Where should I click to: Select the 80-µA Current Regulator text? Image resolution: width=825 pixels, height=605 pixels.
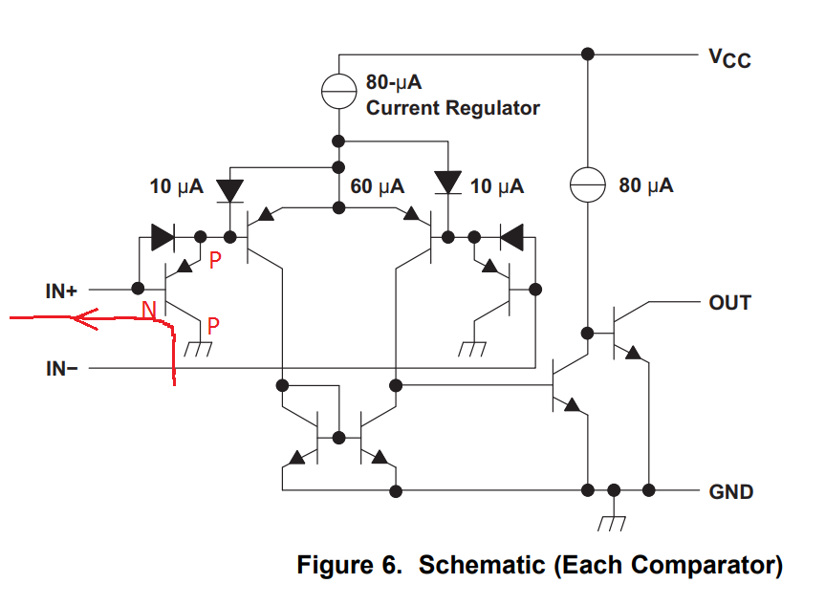tap(452, 96)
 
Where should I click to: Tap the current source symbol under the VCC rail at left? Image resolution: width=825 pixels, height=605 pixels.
tap(337, 92)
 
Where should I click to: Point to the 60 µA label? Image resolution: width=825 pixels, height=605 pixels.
tap(377, 186)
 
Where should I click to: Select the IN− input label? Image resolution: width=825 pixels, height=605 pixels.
tap(61, 367)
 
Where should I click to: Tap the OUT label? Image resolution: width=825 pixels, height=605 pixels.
tap(729, 303)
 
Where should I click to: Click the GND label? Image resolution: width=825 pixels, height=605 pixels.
tap(730, 492)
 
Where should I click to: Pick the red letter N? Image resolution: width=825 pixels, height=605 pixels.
tap(149, 310)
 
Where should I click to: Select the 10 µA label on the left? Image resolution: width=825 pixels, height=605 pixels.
tap(177, 186)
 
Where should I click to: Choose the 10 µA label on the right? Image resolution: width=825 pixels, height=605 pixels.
tap(497, 186)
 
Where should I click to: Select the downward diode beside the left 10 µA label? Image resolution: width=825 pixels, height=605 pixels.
tap(229, 188)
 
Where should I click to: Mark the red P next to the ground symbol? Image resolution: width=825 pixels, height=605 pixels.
tap(212, 326)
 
